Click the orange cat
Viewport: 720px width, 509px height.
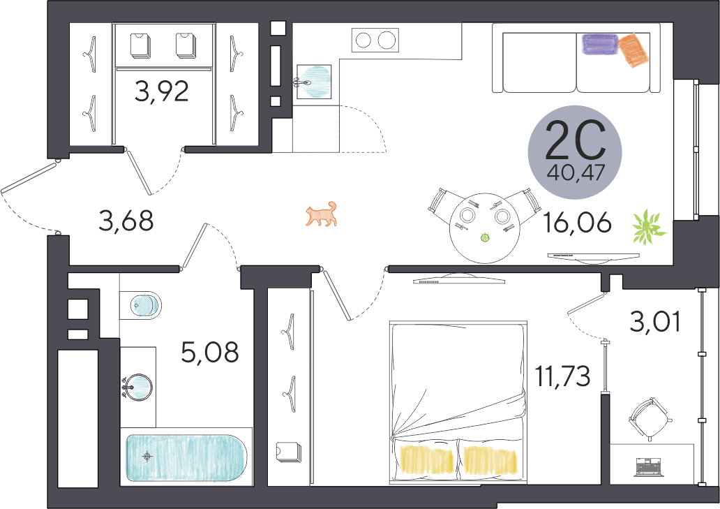click(322, 214)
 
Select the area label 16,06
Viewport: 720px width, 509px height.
click(577, 223)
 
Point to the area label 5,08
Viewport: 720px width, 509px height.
click(210, 353)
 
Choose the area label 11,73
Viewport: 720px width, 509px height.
click(563, 377)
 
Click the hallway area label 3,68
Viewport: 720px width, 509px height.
click(126, 221)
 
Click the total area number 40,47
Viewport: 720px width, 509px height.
click(576, 173)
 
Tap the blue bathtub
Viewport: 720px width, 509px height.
click(186, 457)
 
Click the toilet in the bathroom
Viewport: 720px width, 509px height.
click(140, 304)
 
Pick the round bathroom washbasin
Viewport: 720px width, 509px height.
click(137, 387)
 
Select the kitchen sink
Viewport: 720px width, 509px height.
click(314, 82)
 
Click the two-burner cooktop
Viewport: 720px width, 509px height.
click(375, 40)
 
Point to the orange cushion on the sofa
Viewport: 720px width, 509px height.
click(631, 50)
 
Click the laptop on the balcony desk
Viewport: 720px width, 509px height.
click(650, 466)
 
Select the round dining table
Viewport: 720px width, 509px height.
click(485, 228)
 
